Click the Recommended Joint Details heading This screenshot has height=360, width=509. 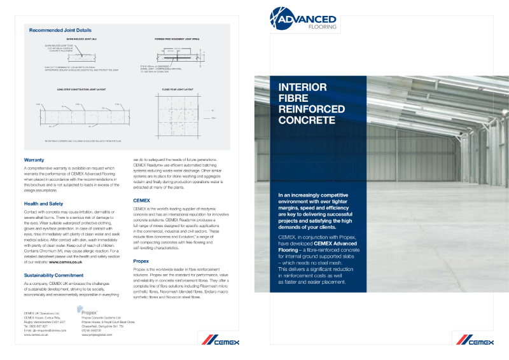click(60, 30)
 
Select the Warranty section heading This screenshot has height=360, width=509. click(34, 159)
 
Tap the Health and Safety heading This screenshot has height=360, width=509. click(43, 204)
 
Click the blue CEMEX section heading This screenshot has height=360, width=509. click(141, 200)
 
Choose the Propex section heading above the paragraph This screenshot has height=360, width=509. click(141, 261)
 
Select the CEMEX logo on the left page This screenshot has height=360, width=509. click(222, 342)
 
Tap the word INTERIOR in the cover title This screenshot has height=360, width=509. click(303, 87)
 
